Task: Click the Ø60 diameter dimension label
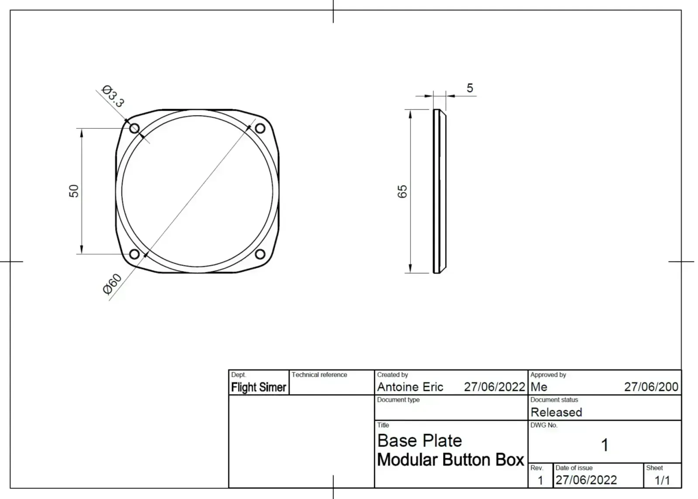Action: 112,284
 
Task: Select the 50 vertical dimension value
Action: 74,191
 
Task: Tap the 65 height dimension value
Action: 402,191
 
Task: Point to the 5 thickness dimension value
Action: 470,88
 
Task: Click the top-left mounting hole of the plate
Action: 134,128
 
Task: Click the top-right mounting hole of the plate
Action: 260,128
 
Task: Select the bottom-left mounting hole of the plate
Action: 134,254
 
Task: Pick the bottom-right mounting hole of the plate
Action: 260,254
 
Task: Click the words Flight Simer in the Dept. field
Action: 259,387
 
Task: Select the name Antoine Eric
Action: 410,387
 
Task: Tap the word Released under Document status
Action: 556,412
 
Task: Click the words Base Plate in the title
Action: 419,441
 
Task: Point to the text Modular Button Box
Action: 450,460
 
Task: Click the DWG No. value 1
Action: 605,445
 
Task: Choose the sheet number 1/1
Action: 662,480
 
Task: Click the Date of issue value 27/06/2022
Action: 586,480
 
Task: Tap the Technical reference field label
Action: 319,375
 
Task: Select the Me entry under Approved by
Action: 539,387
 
